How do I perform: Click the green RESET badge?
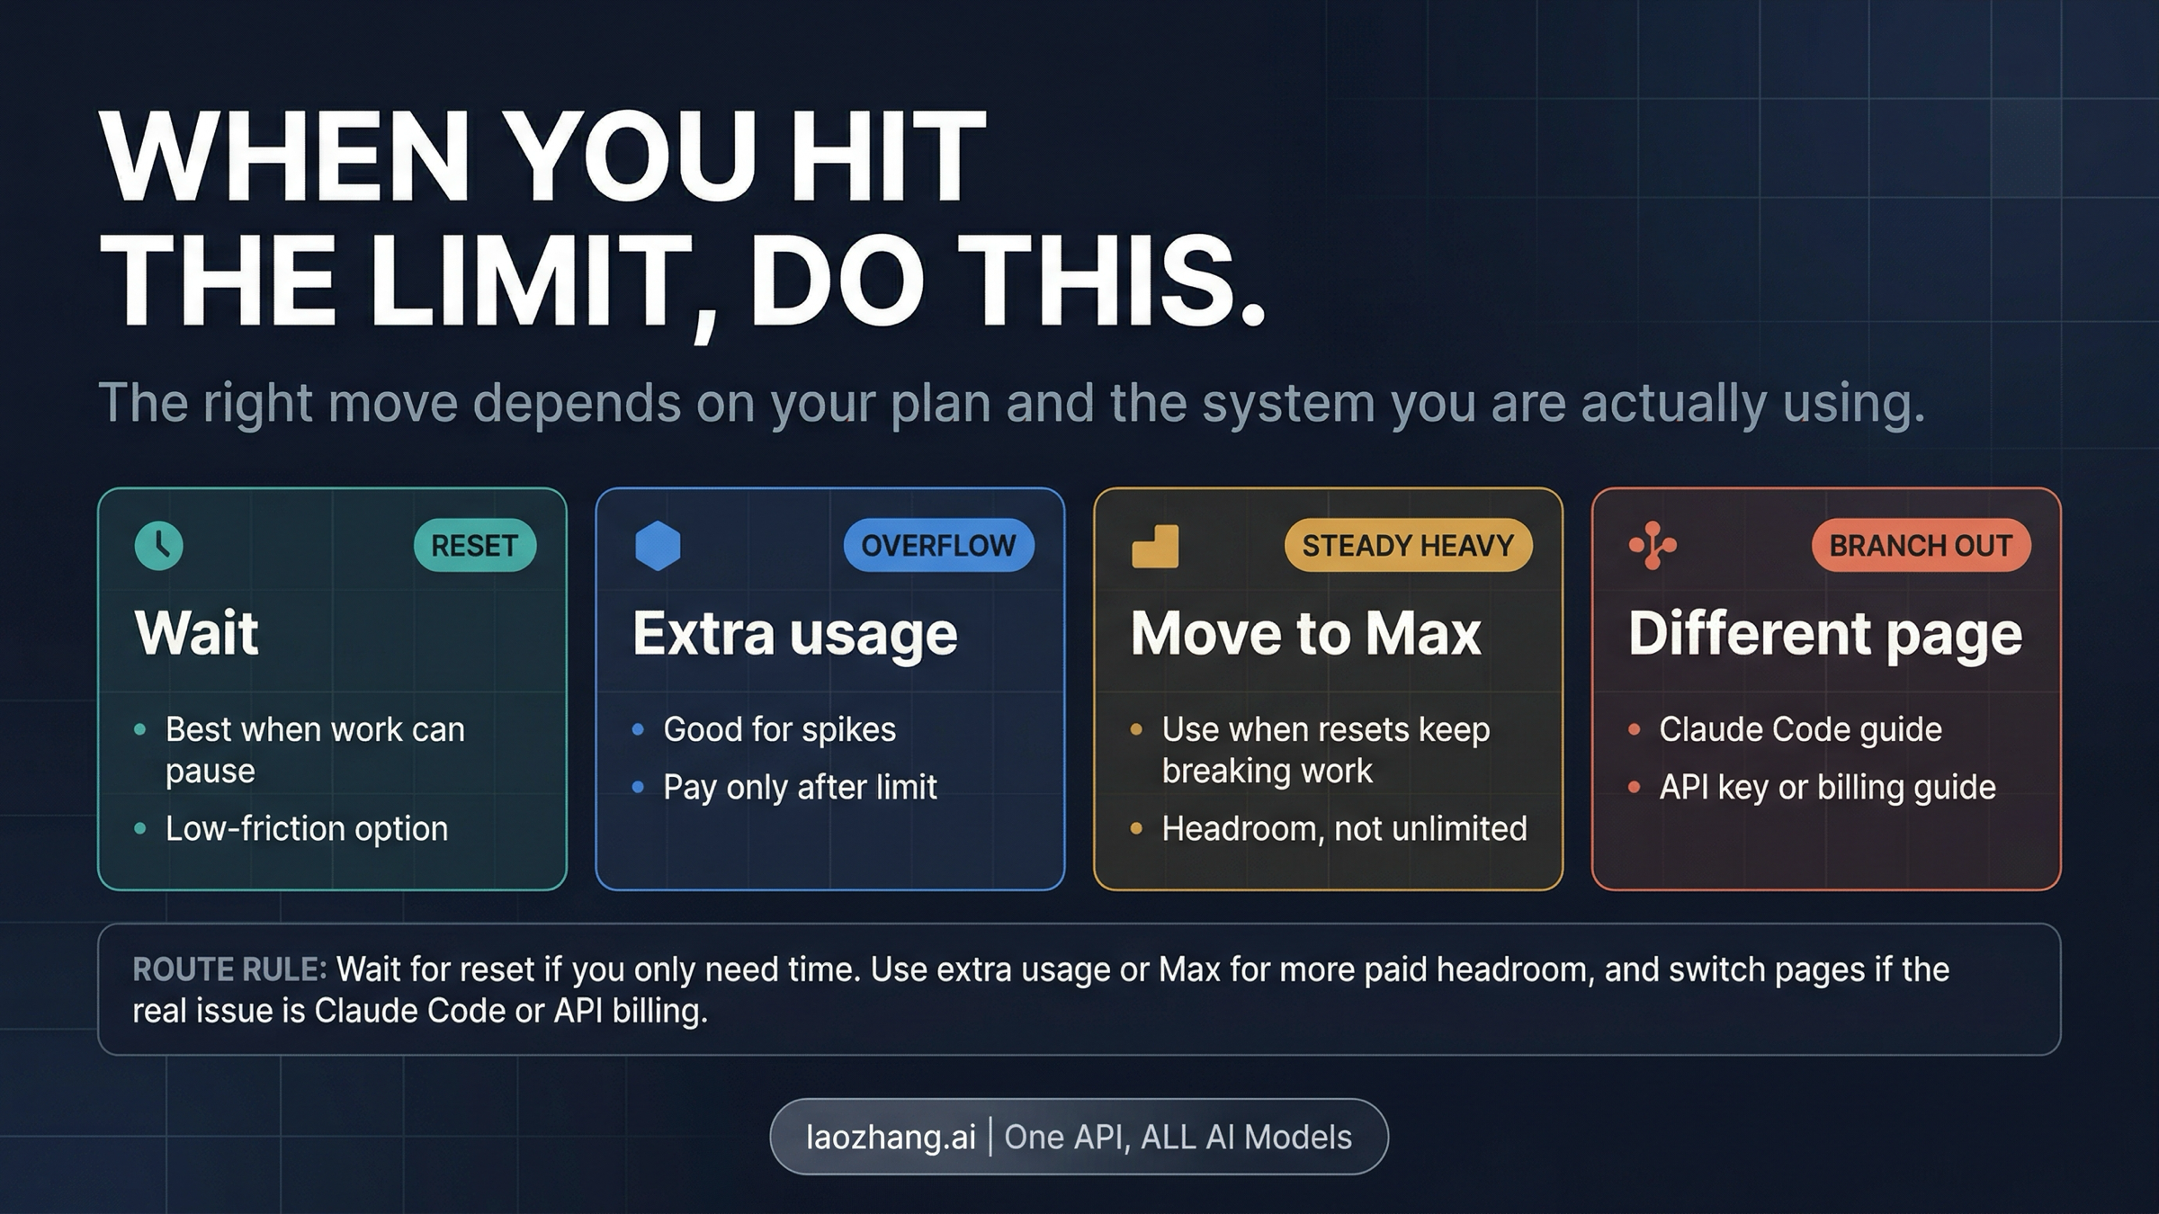tap(474, 545)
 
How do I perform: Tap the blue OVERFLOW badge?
tap(938, 545)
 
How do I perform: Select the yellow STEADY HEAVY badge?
tap(1408, 545)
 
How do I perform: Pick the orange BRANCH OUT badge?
tap(1921, 545)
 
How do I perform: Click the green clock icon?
tap(158, 545)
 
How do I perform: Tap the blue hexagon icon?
tap(658, 545)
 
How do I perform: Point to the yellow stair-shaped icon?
tap(1155, 546)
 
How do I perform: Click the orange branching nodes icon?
tap(1653, 545)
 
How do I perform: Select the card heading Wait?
tap(197, 633)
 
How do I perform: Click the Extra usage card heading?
tap(795, 634)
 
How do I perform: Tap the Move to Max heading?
tap(1305, 634)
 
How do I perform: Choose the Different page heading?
tap(1825, 634)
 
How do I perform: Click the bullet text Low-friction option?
tap(307, 828)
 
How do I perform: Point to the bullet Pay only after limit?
tap(800, 787)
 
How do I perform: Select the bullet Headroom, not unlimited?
tap(1344, 828)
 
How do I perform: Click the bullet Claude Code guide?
tap(1800, 729)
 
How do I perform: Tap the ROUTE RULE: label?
tap(229, 969)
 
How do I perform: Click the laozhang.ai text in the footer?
tap(891, 1137)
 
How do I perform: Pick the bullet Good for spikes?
tap(779, 729)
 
